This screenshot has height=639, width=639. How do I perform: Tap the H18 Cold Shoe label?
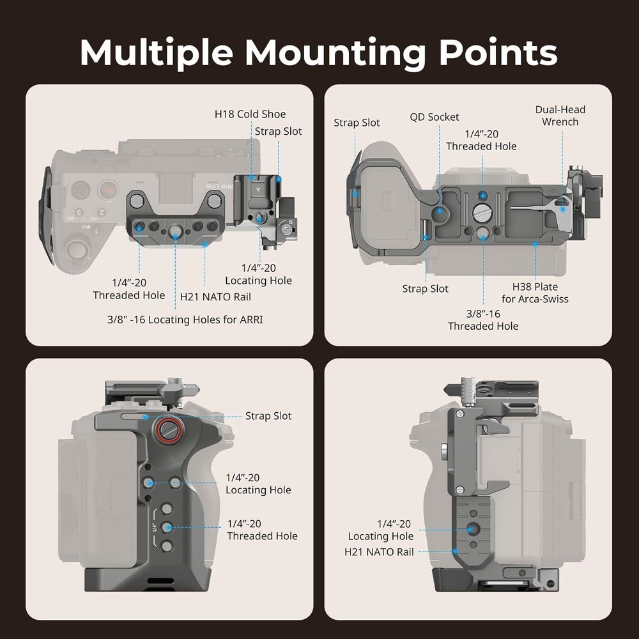[250, 114]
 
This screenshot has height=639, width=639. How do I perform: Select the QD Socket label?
[435, 117]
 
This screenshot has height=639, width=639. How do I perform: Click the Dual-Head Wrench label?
[560, 116]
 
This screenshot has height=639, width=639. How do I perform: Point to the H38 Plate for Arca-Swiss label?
[535, 293]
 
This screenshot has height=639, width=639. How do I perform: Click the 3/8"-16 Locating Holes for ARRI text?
[185, 319]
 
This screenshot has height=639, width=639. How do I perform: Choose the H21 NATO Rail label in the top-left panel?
[215, 296]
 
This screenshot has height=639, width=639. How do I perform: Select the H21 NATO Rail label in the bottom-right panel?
[379, 551]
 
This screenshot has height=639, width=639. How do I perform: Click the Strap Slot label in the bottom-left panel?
[268, 416]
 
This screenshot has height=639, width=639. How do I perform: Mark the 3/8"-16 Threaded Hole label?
[483, 320]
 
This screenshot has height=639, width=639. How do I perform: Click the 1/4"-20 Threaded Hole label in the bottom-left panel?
[262, 530]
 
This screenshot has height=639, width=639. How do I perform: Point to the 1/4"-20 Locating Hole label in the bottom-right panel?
[381, 530]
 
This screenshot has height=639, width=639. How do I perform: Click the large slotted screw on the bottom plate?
[482, 213]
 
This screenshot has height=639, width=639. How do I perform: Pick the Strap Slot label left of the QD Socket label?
[357, 123]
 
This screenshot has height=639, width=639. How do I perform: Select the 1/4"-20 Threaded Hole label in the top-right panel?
[481, 140]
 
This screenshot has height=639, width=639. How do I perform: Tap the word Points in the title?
[497, 54]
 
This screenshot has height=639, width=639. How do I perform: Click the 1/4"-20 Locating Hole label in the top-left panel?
[258, 274]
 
